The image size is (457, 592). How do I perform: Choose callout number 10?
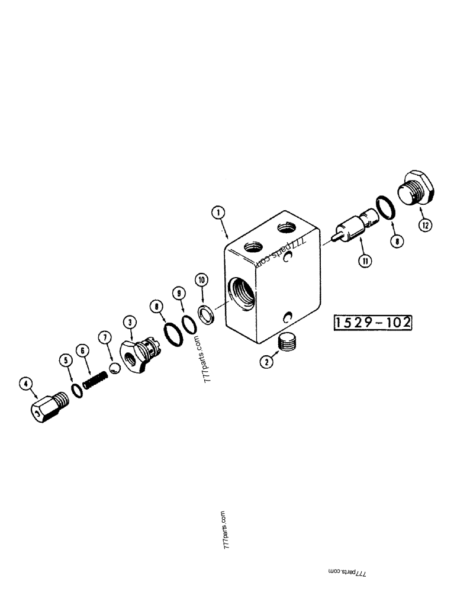coord(201,279)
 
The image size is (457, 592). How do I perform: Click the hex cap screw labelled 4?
coord(47,407)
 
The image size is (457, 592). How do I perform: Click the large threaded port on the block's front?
coord(242,291)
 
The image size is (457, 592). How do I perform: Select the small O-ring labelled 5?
coord(76,390)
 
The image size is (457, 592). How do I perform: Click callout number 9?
coord(178,293)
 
